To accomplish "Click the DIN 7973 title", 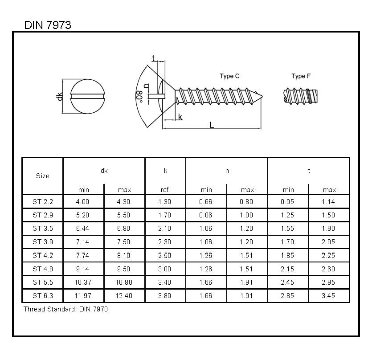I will click(48, 25).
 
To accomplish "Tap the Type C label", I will click(229, 76).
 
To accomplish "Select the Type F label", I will click(301, 76).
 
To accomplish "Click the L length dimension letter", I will click(212, 125).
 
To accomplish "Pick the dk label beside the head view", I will click(60, 96).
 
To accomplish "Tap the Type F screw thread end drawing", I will click(299, 95).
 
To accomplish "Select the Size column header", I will click(42, 176).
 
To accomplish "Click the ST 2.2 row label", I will click(42, 202).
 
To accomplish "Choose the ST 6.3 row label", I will click(42, 296).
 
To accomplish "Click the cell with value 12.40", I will click(124, 296).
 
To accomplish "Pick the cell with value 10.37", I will click(83, 282).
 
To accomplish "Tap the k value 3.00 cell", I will click(165, 269).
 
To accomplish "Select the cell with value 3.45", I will click(329, 296).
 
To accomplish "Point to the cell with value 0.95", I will click(288, 202).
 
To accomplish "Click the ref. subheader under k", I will click(165, 190).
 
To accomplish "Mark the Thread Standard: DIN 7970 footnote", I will click(65, 309).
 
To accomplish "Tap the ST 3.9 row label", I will click(42, 242).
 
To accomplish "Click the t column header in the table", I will click(309, 171).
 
